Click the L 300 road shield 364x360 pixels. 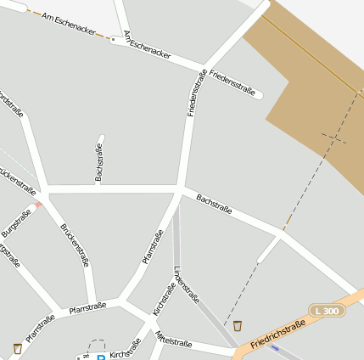tap(326, 312)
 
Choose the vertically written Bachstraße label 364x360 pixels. tap(99, 162)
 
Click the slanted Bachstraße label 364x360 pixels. tap(214, 203)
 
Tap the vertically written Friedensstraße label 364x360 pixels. tap(196, 93)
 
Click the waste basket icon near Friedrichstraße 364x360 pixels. tap(238, 325)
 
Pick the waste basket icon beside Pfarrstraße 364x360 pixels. tap(18, 348)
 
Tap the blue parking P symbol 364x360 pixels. tap(100, 357)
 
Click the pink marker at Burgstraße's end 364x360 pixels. tap(38, 205)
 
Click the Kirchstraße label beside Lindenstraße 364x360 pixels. tap(164, 299)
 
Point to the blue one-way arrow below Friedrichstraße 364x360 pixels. tap(274, 348)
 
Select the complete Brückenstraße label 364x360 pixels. tap(75, 245)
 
